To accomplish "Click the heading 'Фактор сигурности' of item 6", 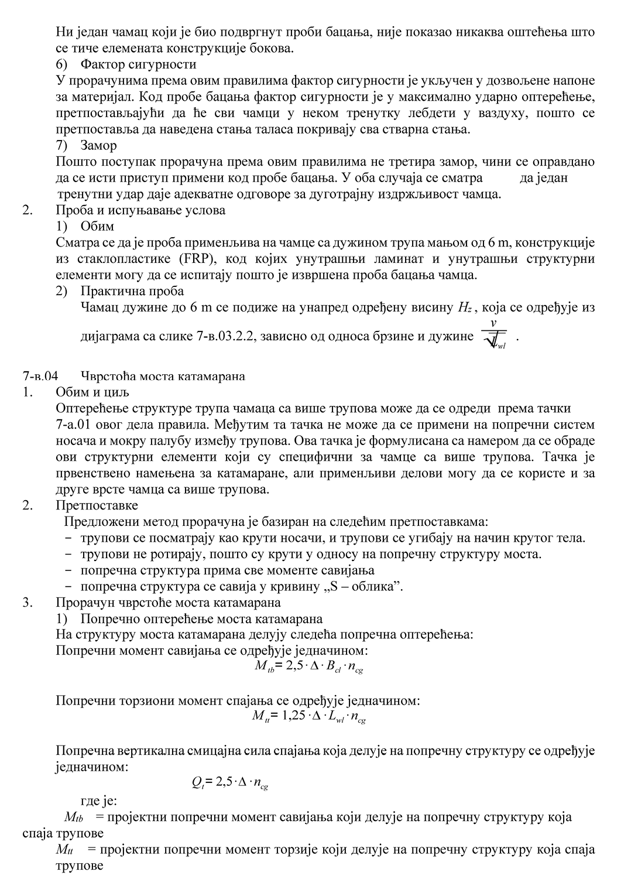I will pyautogui.click(x=138, y=63).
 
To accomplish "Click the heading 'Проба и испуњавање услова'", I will pyautogui.click(x=140, y=210).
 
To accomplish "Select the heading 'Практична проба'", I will pyautogui.click(x=132, y=290).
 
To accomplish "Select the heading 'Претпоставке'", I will pyautogui.click(x=97, y=505).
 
